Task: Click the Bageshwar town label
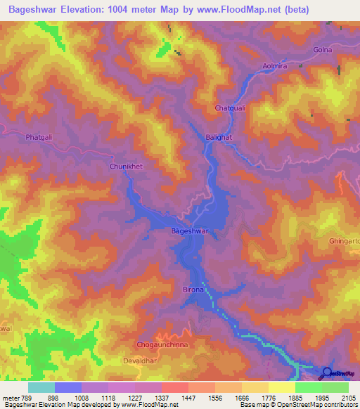[191, 231]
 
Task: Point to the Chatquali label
[230, 108]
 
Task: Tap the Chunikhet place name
[127, 167]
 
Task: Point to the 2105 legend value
[347, 398]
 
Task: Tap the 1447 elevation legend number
[189, 398]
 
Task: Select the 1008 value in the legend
[84, 398]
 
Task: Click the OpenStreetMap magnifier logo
[328, 373]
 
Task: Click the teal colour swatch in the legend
[41, 387]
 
